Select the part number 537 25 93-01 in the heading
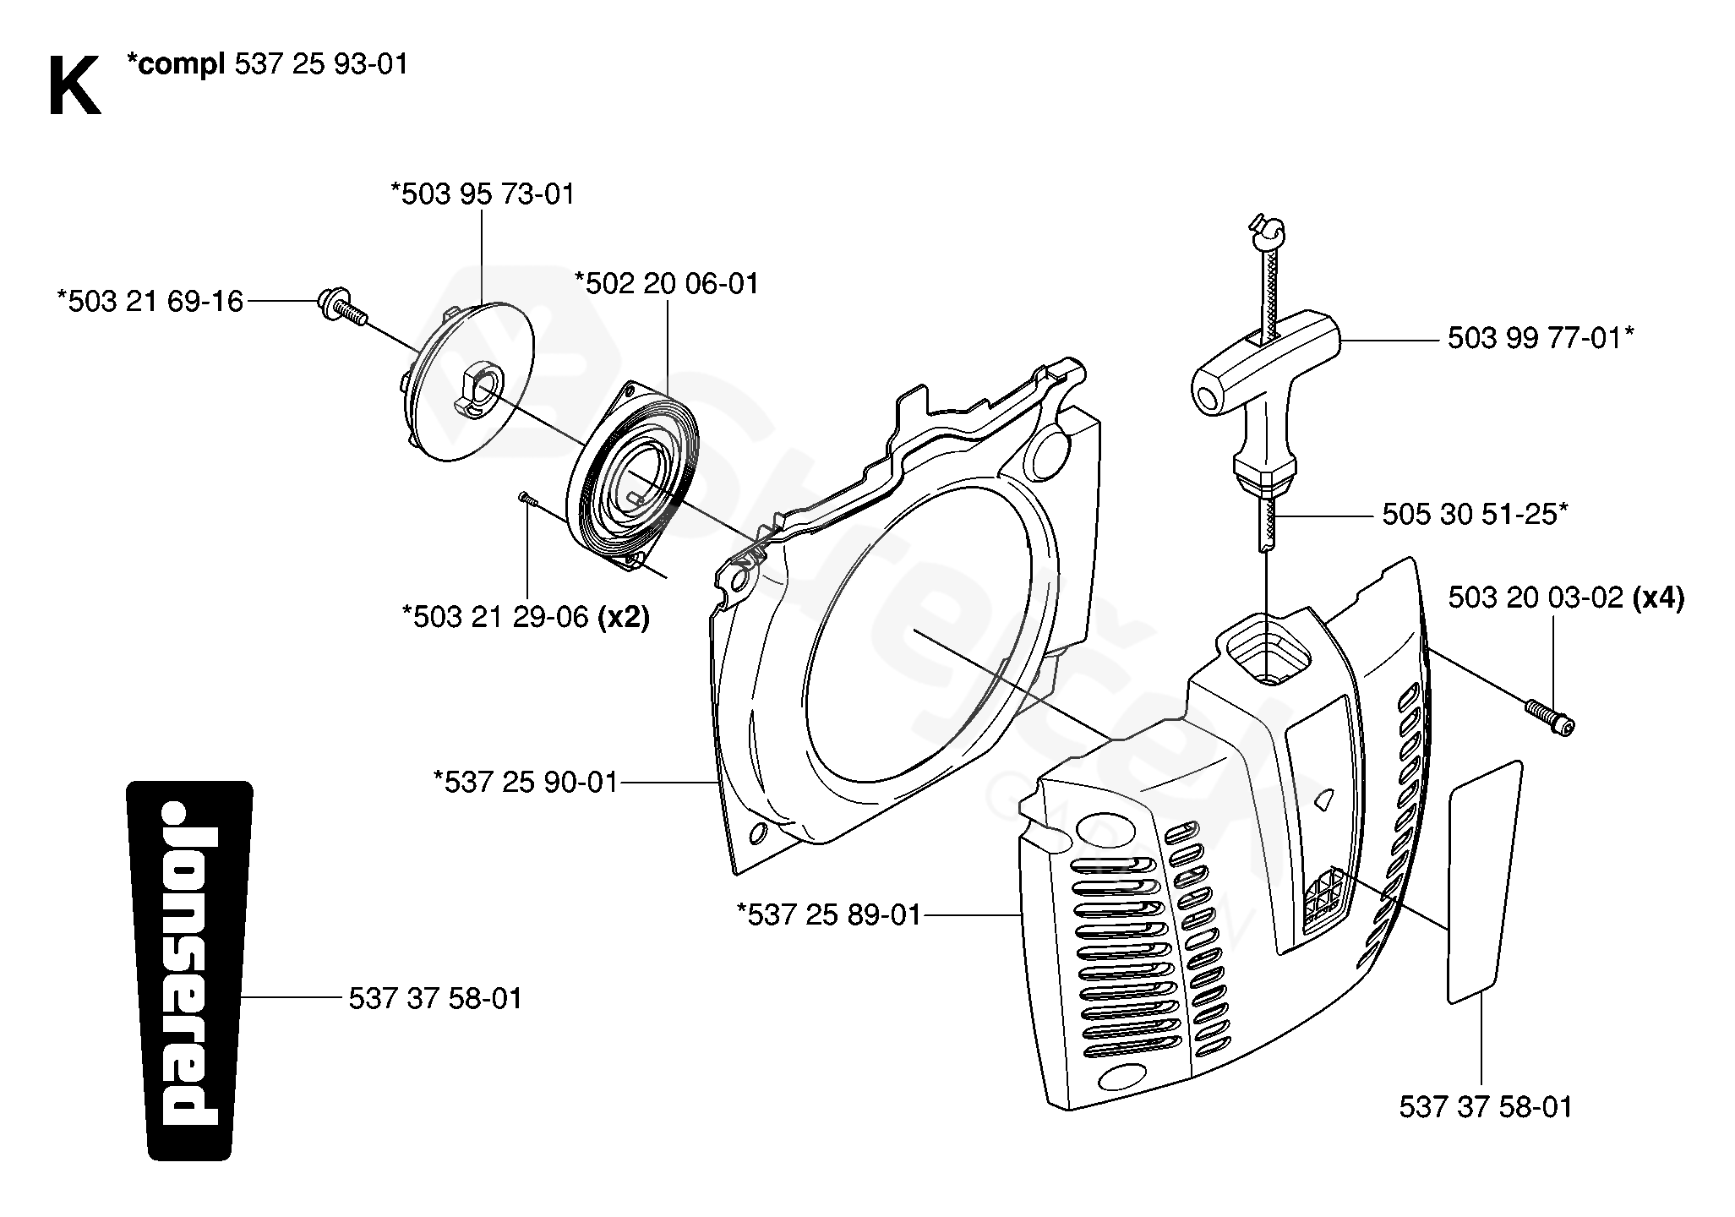pos(321,64)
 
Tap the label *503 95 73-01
pos(483,194)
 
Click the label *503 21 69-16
pos(150,301)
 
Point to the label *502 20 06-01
pos(667,283)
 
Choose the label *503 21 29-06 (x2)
pos(527,617)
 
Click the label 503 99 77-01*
pos(1541,339)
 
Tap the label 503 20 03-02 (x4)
pos(1566,598)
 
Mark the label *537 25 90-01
pos(526,783)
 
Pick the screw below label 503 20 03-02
pos(1549,717)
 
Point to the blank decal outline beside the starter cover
pos(1485,881)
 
